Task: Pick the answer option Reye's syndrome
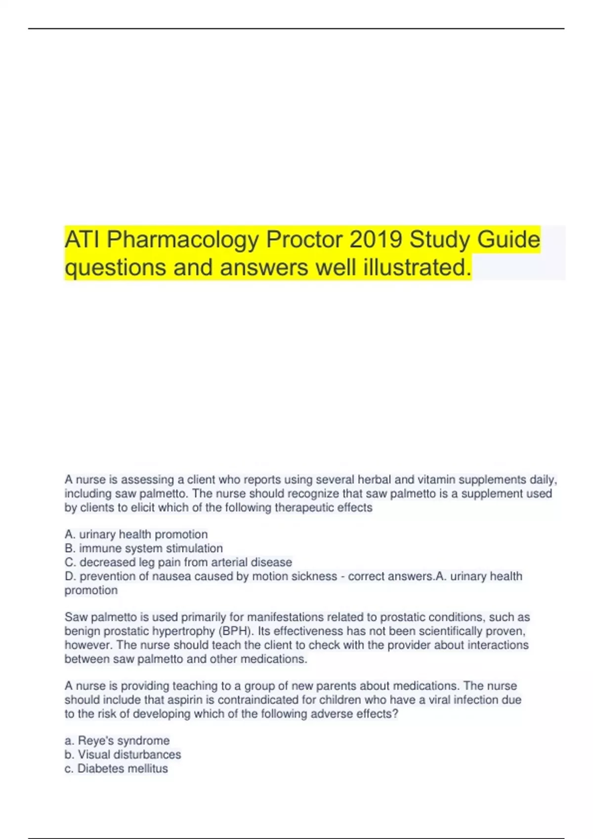point(117,740)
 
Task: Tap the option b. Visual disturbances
point(123,755)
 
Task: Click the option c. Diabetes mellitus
point(116,768)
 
